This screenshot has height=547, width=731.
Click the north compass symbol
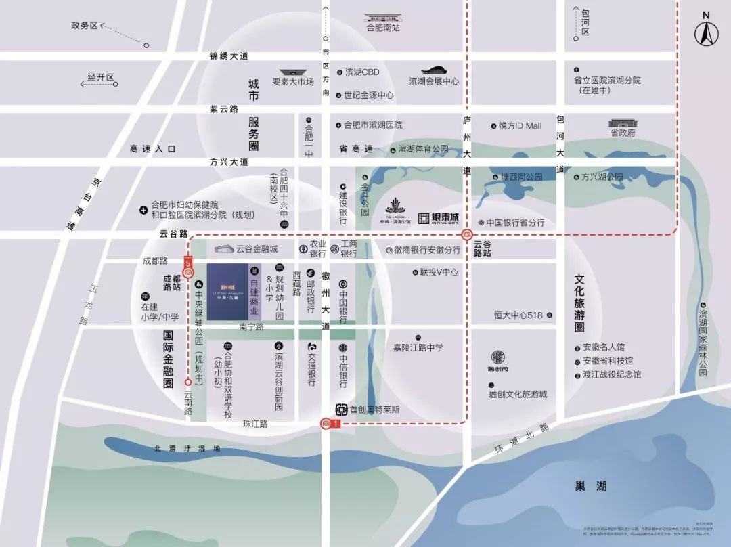pos(706,30)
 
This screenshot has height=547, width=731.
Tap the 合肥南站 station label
pos(383,28)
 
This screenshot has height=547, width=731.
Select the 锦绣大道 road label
pos(229,56)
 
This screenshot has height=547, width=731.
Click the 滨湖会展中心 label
pos(434,81)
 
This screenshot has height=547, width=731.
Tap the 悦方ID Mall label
pos(520,125)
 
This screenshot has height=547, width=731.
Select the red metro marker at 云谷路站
pos(466,235)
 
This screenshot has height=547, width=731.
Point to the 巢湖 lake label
pos(591,486)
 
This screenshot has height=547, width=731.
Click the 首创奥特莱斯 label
pos(374,410)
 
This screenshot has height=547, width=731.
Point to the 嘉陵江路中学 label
pos(418,348)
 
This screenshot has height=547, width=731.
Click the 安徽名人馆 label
pos(604,347)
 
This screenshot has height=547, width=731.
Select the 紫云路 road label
pos(224,108)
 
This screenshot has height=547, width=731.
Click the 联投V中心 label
pos(439,273)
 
